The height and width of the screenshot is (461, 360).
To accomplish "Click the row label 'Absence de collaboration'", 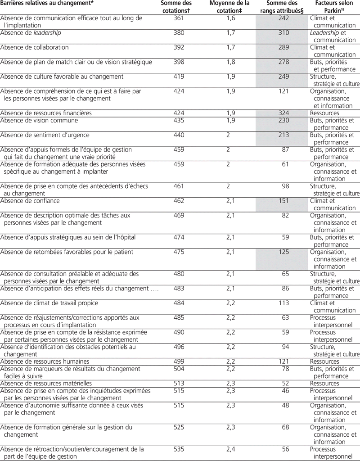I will pyautogui.click(x=35, y=47).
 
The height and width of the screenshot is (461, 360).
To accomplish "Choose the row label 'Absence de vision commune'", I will pyautogui.click(x=39, y=121).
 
